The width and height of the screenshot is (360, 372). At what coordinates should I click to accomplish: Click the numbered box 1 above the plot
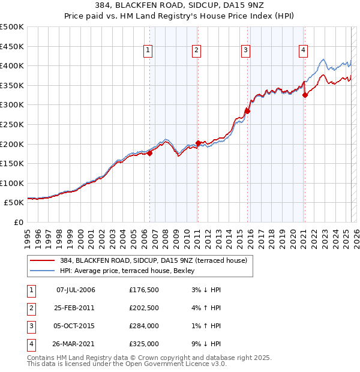pyautogui.click(x=148, y=50)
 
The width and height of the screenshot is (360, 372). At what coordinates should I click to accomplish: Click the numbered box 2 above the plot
pyautogui.click(x=197, y=50)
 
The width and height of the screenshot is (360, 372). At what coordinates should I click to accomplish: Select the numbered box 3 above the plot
pyautogui.click(x=245, y=50)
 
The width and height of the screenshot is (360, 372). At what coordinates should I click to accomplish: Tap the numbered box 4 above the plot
pyautogui.click(x=304, y=50)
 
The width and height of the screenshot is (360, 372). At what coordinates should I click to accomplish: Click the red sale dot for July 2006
pyautogui.click(x=149, y=153)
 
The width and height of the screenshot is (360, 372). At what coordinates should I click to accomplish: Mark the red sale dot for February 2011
pyautogui.click(x=198, y=143)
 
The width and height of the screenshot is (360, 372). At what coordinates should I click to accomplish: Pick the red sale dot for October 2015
pyautogui.click(x=247, y=111)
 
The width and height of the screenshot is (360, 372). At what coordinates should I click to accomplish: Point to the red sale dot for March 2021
pyautogui.click(x=305, y=95)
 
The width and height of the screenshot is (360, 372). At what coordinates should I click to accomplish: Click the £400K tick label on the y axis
pyautogui.click(x=12, y=65)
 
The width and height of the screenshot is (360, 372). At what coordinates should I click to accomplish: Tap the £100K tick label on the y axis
pyautogui.click(x=12, y=183)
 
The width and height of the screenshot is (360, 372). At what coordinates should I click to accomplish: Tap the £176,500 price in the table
pyautogui.click(x=143, y=290)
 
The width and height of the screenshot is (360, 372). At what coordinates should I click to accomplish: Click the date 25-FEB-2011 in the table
pyautogui.click(x=76, y=308)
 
